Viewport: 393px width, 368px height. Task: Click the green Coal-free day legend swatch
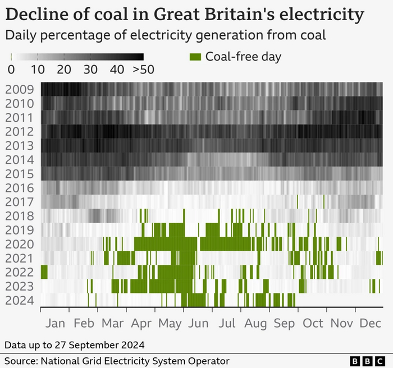(x=195, y=57)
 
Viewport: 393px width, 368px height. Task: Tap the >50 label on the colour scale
(x=143, y=70)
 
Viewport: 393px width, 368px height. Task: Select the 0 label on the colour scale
(x=11, y=70)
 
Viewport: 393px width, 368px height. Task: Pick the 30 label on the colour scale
(x=90, y=70)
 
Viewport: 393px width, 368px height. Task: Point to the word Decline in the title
(x=33, y=14)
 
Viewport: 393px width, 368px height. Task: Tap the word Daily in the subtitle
(x=21, y=35)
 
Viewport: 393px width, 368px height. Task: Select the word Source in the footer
(x=22, y=361)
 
